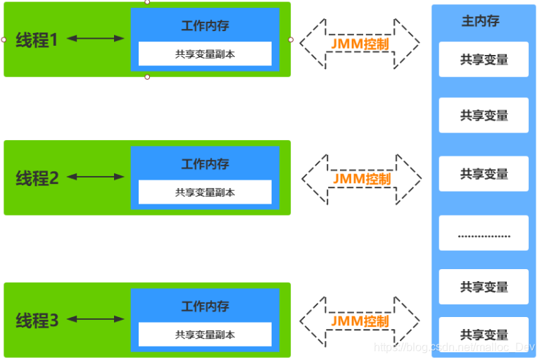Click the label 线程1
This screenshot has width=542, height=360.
37,40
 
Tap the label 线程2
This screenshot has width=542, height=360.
37,178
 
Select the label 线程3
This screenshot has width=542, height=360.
37,321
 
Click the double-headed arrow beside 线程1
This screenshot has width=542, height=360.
95,39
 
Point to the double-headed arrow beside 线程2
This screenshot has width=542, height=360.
95,178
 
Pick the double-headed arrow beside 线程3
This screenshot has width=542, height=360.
95,320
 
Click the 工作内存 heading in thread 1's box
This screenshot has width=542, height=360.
205,25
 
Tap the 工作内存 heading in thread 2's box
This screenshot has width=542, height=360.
205,164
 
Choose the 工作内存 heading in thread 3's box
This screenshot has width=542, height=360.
205,306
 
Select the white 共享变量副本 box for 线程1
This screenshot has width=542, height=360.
205,54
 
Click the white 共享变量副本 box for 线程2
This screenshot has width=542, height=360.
205,192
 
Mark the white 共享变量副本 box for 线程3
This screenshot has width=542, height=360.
205,335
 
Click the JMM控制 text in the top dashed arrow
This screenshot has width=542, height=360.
360,43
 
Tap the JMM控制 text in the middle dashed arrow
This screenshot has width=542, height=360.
361,179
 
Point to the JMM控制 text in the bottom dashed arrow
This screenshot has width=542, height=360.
360,321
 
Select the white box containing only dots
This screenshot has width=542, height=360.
484,233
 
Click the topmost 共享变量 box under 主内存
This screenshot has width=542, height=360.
484,60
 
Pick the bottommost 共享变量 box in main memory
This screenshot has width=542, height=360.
484,335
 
